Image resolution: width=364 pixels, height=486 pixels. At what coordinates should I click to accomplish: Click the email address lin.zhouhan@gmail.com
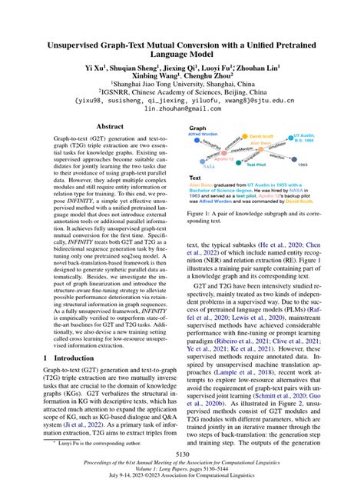point(181,108)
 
